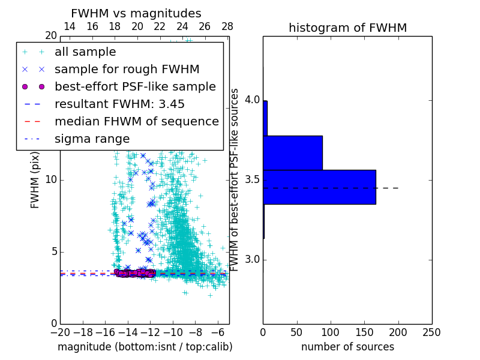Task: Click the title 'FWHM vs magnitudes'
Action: pos(136,13)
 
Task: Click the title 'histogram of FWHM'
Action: pos(347,28)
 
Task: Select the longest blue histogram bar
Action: pos(319,187)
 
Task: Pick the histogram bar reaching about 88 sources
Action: pos(293,152)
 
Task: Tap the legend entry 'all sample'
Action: pos(85,52)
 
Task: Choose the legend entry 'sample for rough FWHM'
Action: pos(127,69)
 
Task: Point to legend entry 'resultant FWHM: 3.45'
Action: pos(119,104)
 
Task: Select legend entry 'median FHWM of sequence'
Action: pos(136,121)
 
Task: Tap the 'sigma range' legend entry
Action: pos(92,139)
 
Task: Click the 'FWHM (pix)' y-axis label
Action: pos(35,180)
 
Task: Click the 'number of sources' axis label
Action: pos(347,347)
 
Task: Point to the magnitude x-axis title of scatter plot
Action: pos(145,347)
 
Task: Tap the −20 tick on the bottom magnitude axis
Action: pos(60,332)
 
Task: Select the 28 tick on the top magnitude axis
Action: pos(227,26)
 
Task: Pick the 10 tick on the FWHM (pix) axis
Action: pos(52,180)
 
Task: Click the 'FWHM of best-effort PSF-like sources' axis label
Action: pos(235,180)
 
